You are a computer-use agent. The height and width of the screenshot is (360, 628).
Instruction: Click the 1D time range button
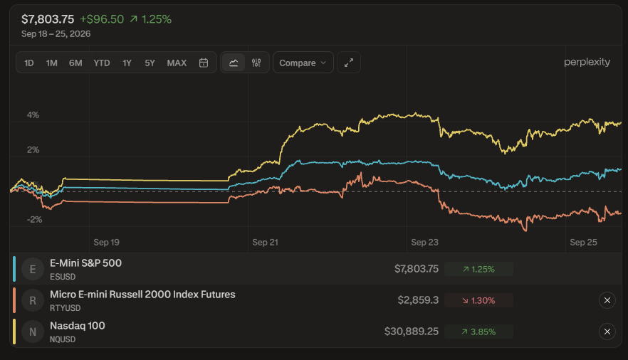[x=28, y=63]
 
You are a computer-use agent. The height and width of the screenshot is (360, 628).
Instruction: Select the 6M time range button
[x=75, y=63]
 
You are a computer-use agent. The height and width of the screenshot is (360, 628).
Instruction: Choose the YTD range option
[x=102, y=63]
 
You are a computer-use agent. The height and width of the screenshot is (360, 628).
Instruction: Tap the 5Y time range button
[x=150, y=63]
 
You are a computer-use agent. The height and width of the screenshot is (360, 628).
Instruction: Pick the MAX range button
[x=177, y=63]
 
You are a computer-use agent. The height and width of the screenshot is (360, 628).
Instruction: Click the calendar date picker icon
[x=204, y=63]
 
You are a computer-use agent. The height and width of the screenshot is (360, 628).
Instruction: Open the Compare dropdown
[x=303, y=63]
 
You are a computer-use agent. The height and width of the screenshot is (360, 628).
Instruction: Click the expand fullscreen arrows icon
[x=349, y=63]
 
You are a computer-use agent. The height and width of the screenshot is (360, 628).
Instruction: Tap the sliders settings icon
[x=256, y=63]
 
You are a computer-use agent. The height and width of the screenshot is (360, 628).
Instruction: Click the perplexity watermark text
[x=587, y=62]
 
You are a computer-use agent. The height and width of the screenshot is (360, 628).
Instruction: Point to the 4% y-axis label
[x=33, y=115]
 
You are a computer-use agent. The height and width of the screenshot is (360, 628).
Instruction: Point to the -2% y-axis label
[x=34, y=220]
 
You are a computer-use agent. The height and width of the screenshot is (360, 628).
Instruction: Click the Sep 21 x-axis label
[x=265, y=243]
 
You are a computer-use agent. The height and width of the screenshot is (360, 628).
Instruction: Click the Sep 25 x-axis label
[x=583, y=243]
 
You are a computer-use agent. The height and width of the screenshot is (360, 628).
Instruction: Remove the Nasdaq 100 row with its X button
[x=607, y=332]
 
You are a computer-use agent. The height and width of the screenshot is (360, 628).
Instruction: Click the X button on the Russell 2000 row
[x=607, y=300]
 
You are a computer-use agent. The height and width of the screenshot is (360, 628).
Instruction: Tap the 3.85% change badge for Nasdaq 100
[x=478, y=332]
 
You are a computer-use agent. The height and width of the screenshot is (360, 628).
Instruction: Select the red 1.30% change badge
[x=478, y=300]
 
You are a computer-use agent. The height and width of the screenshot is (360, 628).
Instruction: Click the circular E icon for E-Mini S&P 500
[x=33, y=269]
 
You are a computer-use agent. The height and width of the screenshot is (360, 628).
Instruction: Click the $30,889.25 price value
[x=412, y=332]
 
